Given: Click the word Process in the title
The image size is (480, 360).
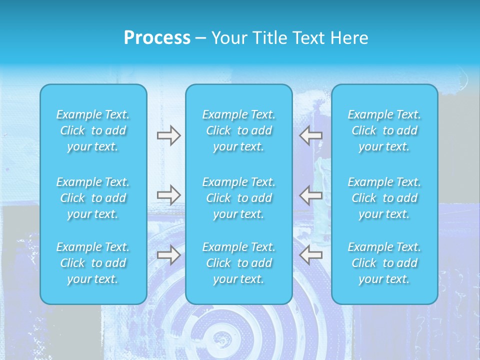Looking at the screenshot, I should tap(157, 38).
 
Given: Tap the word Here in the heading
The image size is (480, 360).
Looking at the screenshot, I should tap(348, 38).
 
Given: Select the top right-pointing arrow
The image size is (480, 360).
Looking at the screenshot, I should tap(168, 135).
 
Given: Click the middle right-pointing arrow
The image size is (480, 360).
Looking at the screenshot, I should tap(168, 195).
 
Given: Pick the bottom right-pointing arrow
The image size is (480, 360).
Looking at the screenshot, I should tap(168, 255).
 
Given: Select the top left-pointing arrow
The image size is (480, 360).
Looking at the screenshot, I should tap(311, 135).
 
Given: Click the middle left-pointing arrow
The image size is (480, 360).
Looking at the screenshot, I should tap(311, 195).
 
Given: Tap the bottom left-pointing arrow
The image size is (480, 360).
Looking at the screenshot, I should tap(311, 255).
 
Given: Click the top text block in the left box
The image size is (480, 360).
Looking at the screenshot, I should tap(93, 130).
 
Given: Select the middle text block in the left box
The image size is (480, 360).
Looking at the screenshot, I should tap(93, 198).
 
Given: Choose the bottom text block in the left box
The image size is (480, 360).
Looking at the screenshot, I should tap(93, 263).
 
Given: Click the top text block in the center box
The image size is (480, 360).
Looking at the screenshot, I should tap(239, 130).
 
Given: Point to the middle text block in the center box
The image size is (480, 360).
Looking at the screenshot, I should tap(239, 198).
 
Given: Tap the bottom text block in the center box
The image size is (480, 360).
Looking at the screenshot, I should tap(239, 263).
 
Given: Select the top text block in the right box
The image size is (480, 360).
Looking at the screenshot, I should tap(384, 130).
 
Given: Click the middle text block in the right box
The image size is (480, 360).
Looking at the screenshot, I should tap(384, 198).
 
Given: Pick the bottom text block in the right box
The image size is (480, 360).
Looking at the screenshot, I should tap(384, 263).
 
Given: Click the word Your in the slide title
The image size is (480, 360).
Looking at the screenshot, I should tap(229, 38).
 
